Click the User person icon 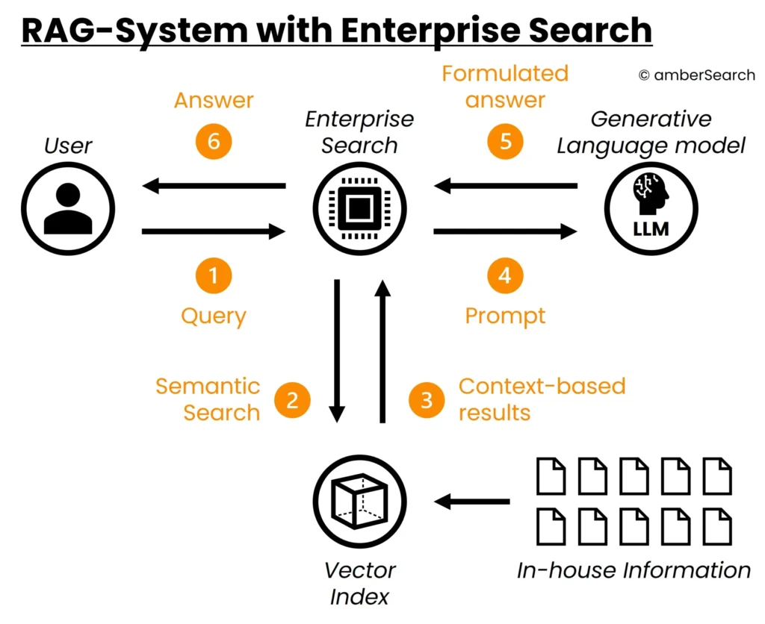68,208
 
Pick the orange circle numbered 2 292,399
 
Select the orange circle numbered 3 427,399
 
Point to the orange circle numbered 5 506,141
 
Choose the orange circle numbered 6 214,141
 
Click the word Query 214,316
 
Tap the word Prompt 506,316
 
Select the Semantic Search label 208,399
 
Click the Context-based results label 541,399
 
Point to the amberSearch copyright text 696,75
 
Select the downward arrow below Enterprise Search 337,350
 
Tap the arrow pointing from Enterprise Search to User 214,185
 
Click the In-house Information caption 634,571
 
